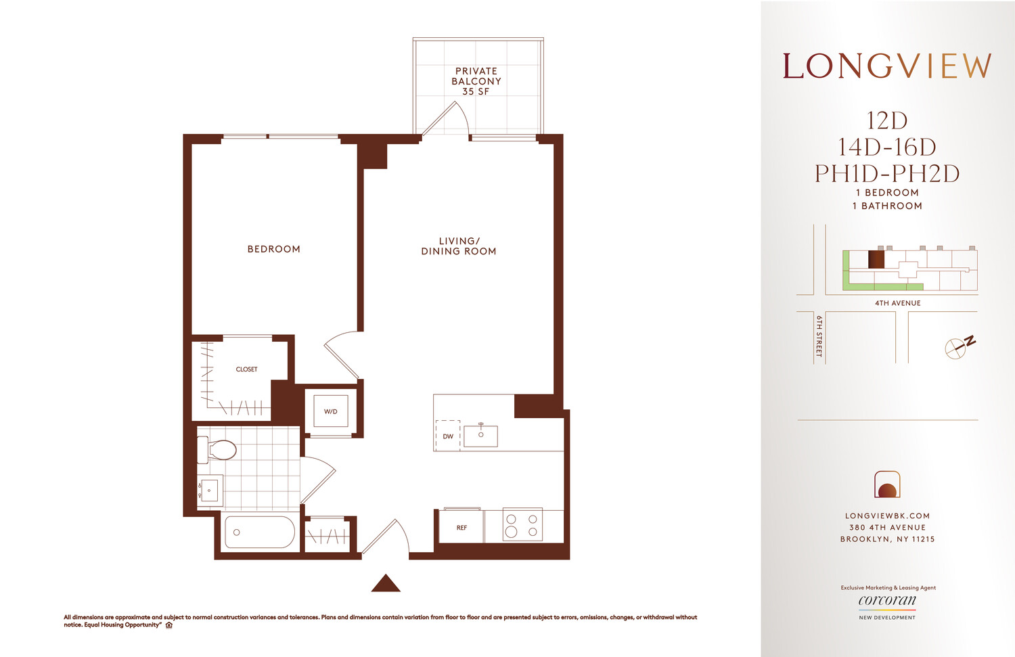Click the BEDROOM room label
click(273, 249)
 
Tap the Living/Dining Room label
click(459, 246)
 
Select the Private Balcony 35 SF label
click(476, 81)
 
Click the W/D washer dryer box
click(330, 411)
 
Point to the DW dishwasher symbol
click(448, 436)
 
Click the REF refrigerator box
click(461, 527)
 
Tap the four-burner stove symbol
click(522, 525)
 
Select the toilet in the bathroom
click(218, 449)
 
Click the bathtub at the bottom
click(259, 533)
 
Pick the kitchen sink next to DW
click(481, 435)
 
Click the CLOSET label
click(246, 369)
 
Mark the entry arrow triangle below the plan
click(386, 583)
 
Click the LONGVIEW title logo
click(887, 66)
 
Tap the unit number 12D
click(887, 121)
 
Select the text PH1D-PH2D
click(887, 174)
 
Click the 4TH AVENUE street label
click(897, 303)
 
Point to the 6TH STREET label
click(819, 336)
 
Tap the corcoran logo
click(887, 601)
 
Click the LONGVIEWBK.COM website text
click(887, 516)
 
